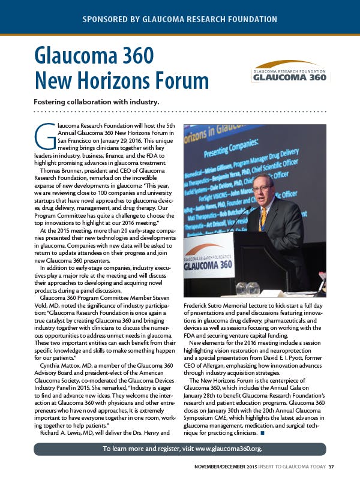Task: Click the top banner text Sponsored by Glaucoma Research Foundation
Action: pos(180,19)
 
